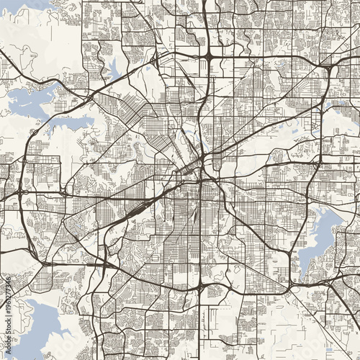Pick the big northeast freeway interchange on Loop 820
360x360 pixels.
325,69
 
